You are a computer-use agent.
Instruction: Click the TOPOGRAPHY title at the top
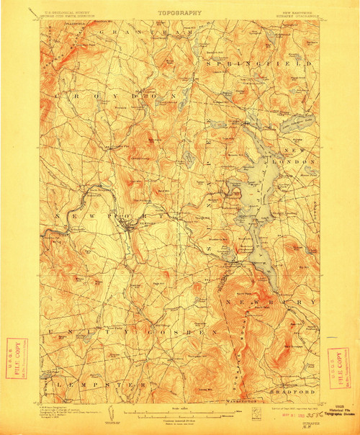click(179, 12)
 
